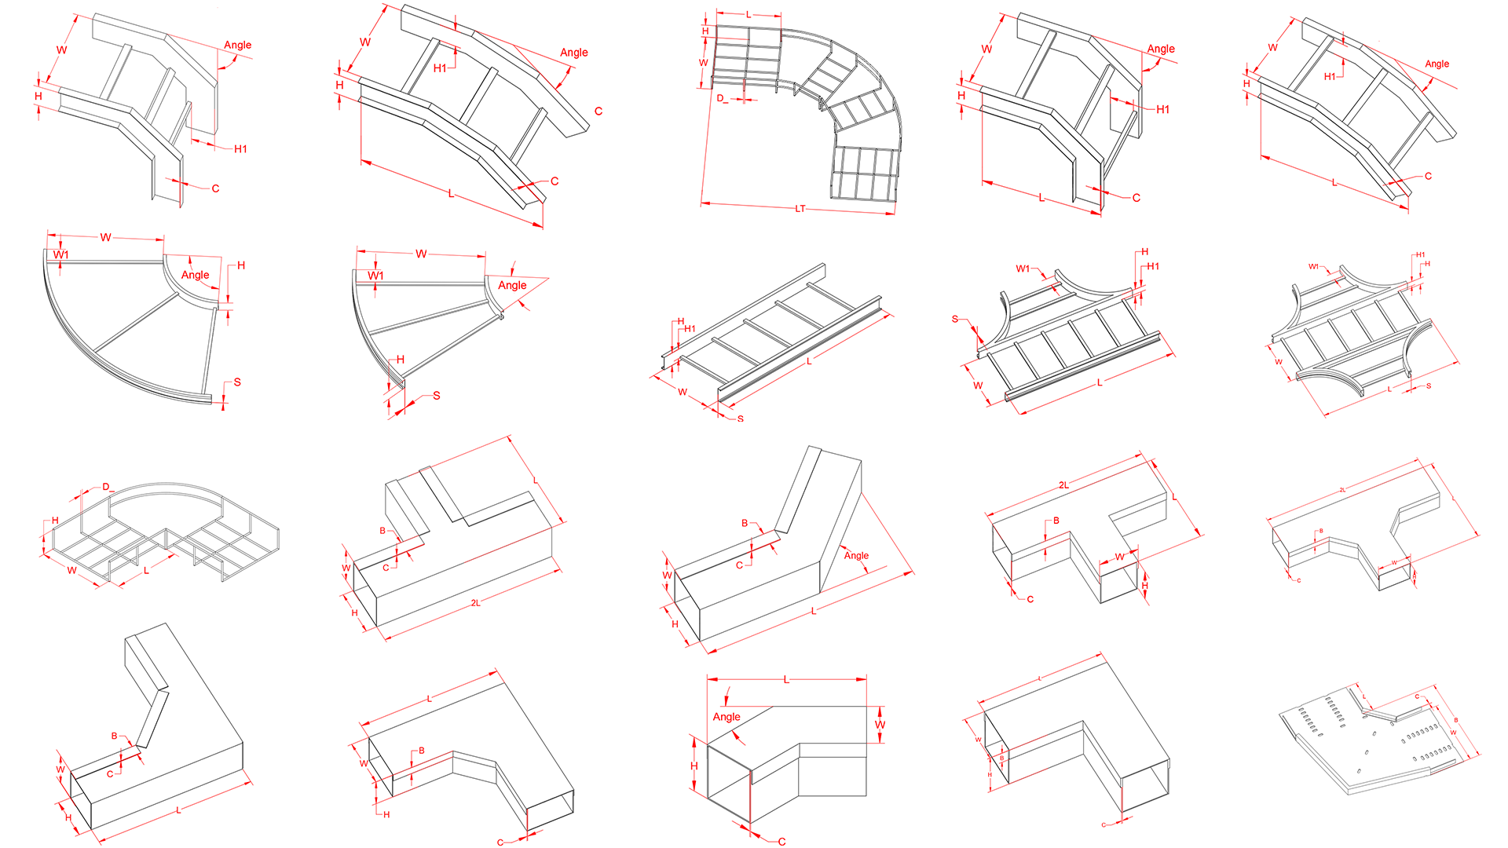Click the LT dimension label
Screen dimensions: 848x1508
coord(800,209)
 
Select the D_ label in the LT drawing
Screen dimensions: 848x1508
coord(722,99)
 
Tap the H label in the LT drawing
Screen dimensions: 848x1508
coord(705,31)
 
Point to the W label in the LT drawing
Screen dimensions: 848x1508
coord(704,63)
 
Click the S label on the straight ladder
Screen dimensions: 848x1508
coord(740,419)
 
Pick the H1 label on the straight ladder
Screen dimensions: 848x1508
coord(690,329)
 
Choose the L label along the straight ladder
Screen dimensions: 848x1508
coord(809,361)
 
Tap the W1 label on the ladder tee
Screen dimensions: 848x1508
coord(1023,269)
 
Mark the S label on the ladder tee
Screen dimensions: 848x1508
coord(955,319)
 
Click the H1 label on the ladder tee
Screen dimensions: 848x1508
coord(1153,266)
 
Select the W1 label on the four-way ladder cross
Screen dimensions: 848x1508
coord(1313,267)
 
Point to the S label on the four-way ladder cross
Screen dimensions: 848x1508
coord(1429,386)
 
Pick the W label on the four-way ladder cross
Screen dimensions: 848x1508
coord(1279,362)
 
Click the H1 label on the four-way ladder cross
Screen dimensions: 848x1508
coord(1420,254)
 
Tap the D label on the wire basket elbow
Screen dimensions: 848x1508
coord(106,487)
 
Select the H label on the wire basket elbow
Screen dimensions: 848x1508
coord(55,521)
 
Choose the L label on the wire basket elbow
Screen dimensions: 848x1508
coord(146,571)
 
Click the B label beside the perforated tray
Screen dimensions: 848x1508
coord(1455,720)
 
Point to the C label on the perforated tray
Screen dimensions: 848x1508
coord(1418,696)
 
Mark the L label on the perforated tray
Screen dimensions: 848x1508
coord(1364,697)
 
